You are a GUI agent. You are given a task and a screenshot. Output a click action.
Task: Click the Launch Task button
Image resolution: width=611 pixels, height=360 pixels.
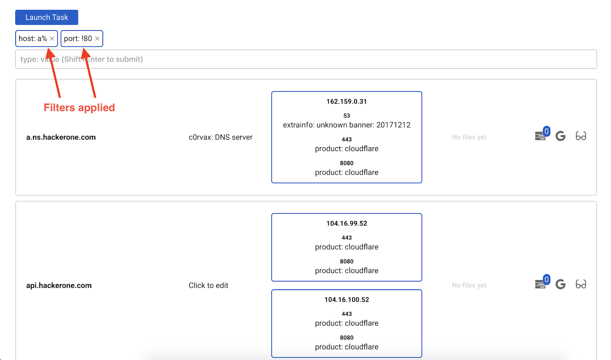coord(47,17)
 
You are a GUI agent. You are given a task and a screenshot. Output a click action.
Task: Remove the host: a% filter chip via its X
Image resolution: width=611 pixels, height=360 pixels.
coord(52,39)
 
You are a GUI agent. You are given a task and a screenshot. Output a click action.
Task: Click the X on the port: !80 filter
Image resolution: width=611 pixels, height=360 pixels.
coord(97,39)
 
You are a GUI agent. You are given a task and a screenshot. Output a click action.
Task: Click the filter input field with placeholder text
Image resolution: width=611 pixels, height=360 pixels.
coord(306,59)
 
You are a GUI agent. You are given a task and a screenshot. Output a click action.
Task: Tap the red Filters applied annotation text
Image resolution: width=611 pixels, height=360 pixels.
coord(79,107)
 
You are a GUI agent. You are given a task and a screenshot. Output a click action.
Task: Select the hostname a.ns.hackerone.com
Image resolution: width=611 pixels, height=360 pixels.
coord(61,137)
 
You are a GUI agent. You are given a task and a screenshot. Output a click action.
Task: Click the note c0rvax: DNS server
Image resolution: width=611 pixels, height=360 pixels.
coord(220,137)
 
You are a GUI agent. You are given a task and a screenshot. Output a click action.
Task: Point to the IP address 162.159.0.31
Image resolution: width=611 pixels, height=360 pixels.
coord(346,102)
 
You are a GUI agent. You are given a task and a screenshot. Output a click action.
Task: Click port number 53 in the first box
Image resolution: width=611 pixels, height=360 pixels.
coord(346,116)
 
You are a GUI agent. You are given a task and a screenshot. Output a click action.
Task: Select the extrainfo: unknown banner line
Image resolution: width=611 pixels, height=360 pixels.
coord(346,125)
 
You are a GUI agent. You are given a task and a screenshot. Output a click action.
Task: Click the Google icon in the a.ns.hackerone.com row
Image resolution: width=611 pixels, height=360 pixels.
coord(560,136)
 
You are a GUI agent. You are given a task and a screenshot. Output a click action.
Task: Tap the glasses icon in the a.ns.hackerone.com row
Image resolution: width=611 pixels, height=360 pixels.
coord(581,136)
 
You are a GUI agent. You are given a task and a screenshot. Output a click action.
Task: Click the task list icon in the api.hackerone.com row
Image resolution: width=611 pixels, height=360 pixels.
coord(540,284)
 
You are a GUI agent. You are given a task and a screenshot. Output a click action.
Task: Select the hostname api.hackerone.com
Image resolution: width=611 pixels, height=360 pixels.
coord(59,285)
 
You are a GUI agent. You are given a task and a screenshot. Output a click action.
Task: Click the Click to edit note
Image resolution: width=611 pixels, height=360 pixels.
coord(209,285)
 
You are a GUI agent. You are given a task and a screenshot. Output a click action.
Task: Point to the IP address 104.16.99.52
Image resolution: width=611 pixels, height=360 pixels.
coord(346,224)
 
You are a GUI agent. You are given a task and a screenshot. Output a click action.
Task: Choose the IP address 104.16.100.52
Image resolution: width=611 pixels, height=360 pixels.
coord(346,300)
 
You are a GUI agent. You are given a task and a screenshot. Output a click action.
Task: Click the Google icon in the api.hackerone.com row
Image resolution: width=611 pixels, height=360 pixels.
coord(560,284)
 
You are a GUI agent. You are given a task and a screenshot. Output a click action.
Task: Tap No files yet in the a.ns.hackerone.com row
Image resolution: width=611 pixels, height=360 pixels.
coord(469,137)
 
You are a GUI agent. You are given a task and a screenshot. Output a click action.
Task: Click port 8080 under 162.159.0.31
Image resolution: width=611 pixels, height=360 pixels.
coord(346,163)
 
